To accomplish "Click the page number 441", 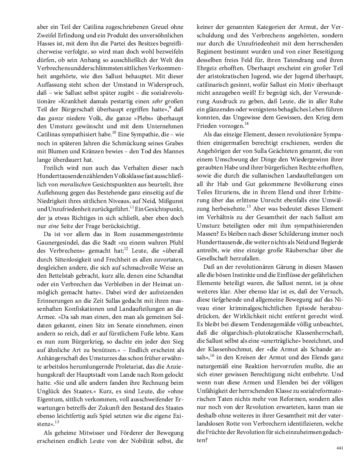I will click(x=340, y=448).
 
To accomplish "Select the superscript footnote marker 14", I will click(x=246, y=123).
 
